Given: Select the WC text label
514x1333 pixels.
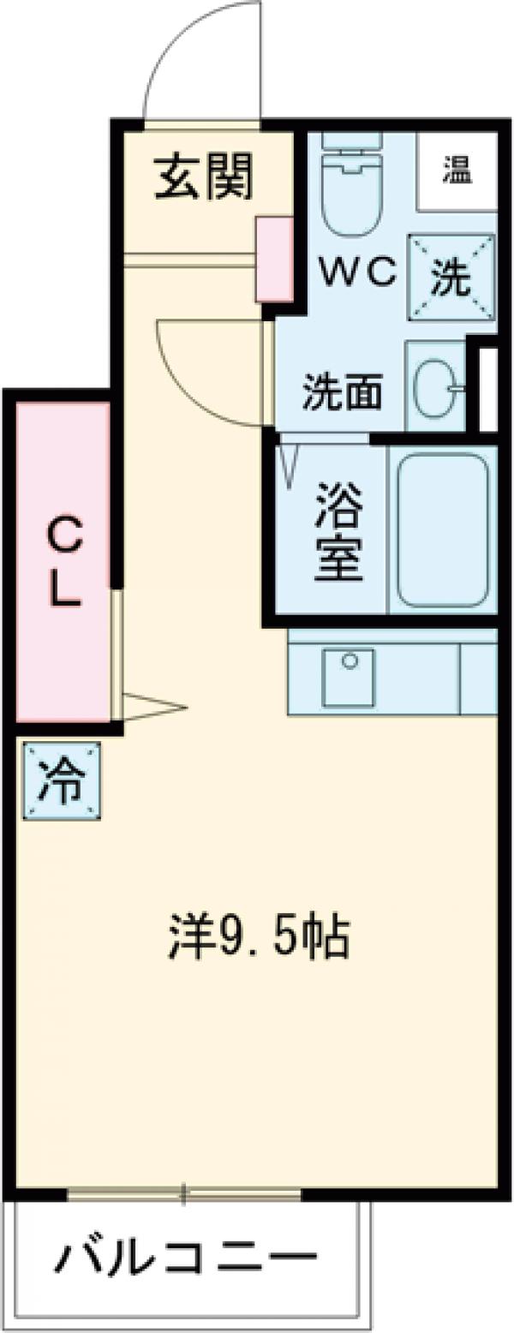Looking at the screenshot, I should (x=358, y=273).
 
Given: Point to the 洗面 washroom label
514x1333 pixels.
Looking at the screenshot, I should (x=342, y=392).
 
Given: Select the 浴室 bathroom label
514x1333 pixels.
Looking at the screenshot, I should (x=338, y=530).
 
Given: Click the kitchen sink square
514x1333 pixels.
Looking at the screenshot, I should (x=348, y=677).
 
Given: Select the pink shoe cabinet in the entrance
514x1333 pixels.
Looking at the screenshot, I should (x=274, y=259).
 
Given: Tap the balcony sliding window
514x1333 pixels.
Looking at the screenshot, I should (x=183, y=1193).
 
